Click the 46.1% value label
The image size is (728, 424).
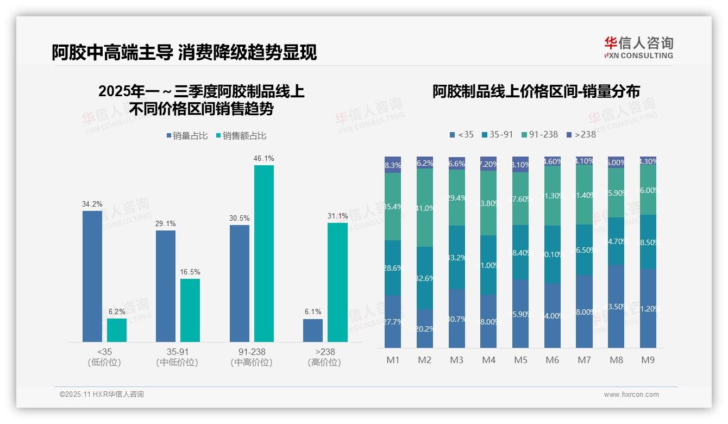pos(263,158)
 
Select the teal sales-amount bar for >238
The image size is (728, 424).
pos(337,282)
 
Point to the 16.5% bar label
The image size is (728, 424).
pos(190,272)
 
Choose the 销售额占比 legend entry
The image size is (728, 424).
pos(241,136)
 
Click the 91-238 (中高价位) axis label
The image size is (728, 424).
pos(252,357)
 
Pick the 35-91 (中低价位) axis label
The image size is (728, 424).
pos(177,357)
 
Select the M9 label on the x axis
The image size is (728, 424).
pos(648,360)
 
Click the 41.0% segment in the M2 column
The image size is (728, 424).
pos(425,208)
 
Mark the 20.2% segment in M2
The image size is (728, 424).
pos(425,328)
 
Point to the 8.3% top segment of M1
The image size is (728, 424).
pos(393,165)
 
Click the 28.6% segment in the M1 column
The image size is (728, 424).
pos(393,268)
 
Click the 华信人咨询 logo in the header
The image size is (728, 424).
pos(638,47)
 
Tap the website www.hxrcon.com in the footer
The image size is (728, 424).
pos(631,395)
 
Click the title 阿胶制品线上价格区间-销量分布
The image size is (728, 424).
pos(536,91)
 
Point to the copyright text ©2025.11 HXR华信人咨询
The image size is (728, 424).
pos(102,395)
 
